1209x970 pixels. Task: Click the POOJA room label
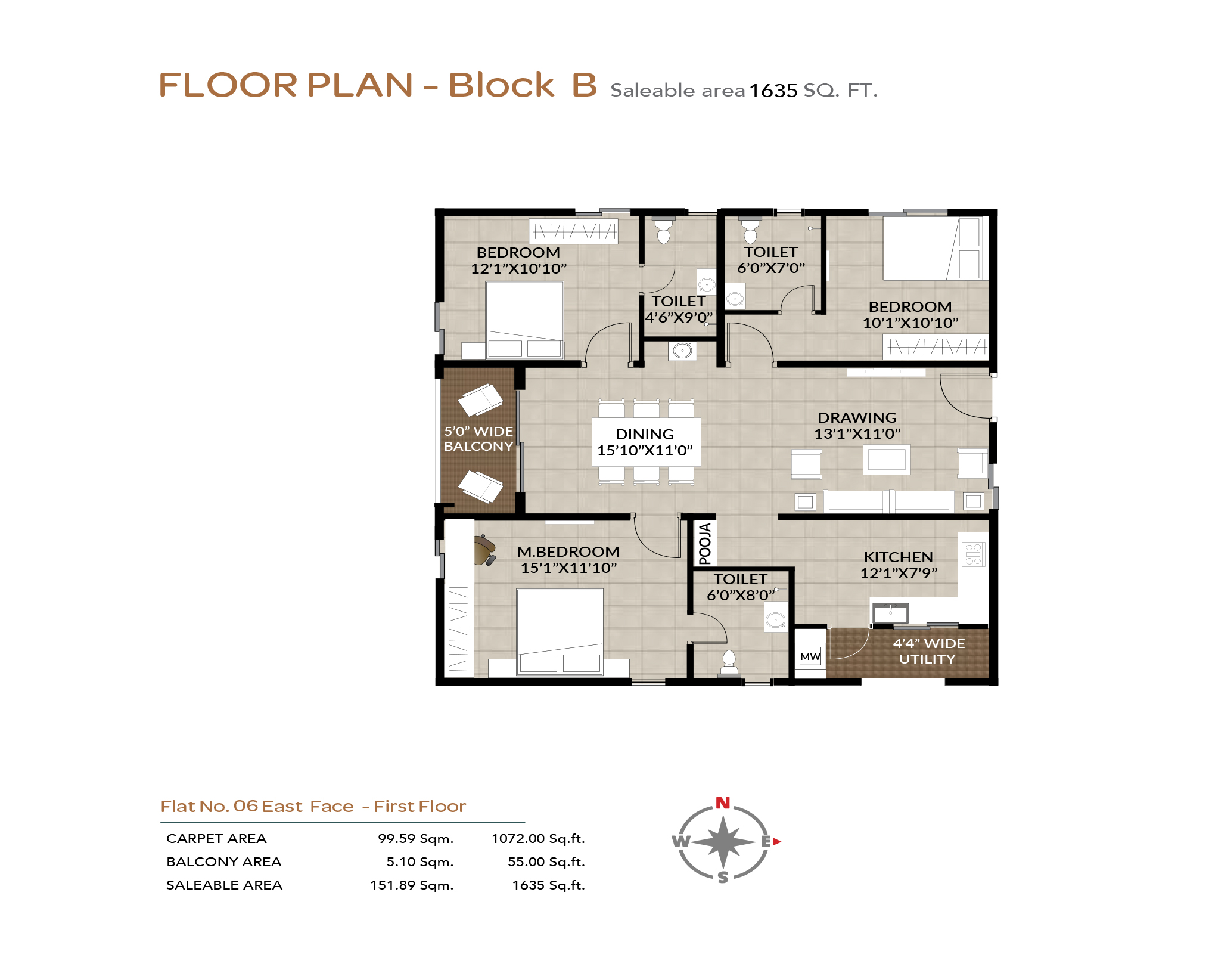pyautogui.click(x=705, y=543)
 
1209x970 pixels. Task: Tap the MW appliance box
pyautogui.click(x=810, y=656)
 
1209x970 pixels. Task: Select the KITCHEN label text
pyautogui.click(x=899, y=557)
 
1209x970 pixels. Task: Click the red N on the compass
pyautogui.click(x=723, y=802)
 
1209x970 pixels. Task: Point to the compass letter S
pyautogui.click(x=723, y=877)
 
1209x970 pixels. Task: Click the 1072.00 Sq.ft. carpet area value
pyautogui.click(x=538, y=838)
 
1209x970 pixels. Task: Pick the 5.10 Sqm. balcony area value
pyautogui.click(x=420, y=861)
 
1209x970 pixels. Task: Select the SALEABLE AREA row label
pyautogui.click(x=224, y=885)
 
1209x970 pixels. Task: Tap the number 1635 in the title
pyautogui.click(x=773, y=91)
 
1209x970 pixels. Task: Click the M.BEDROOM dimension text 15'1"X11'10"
pyautogui.click(x=569, y=568)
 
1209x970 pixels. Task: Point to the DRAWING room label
pyautogui.click(x=857, y=417)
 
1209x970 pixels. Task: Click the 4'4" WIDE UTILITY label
pyautogui.click(x=928, y=651)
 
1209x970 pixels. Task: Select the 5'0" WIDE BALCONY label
pyautogui.click(x=478, y=438)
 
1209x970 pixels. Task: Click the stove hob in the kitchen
pyautogui.click(x=974, y=554)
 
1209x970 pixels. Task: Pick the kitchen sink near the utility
pyautogui.click(x=890, y=612)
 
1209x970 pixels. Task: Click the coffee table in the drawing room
pyautogui.click(x=887, y=459)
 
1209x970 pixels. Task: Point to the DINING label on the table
pyautogui.click(x=645, y=434)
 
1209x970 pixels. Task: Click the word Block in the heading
pyautogui.click(x=501, y=85)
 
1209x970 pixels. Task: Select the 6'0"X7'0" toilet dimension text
pyautogui.click(x=771, y=268)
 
